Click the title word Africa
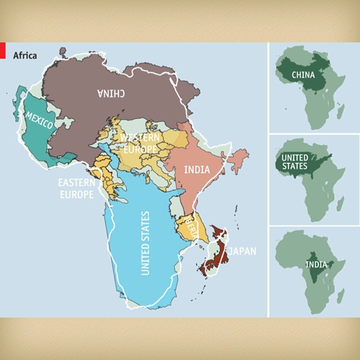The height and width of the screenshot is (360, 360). [25, 56]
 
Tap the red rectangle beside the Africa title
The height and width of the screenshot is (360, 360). [3, 51]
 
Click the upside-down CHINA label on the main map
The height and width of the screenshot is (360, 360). [111, 94]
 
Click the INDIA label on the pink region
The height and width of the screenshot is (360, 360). [197, 169]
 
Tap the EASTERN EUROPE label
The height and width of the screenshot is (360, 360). [76, 188]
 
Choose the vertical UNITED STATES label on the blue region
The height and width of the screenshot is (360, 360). [146, 243]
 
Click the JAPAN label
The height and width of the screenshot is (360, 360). [241, 251]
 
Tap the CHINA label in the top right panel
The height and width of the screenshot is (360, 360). [303, 74]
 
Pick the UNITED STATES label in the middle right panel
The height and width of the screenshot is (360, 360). [295, 162]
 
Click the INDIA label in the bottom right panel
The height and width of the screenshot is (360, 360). [316, 264]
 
